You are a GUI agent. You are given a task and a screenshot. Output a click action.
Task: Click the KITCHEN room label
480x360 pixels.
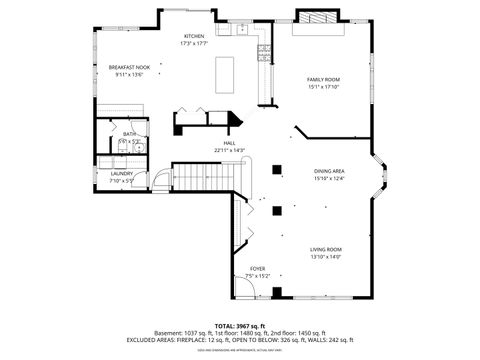click(193, 36)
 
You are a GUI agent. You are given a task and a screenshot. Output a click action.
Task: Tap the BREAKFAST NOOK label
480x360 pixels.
click(130, 67)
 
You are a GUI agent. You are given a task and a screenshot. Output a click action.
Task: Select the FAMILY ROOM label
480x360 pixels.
click(323, 79)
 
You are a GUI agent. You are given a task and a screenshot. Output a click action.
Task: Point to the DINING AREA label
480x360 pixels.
click(329, 172)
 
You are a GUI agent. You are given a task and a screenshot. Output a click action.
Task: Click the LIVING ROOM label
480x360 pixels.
click(325, 249)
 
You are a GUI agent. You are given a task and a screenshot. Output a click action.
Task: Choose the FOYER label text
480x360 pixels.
click(257, 268)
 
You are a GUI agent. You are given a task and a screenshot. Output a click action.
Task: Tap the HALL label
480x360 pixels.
click(229, 143)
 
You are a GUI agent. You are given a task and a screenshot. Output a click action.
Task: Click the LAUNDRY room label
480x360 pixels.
click(121, 173)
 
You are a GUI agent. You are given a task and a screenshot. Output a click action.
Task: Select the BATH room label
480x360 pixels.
click(129, 134)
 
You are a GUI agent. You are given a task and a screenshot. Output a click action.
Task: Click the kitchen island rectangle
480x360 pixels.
click(224, 74)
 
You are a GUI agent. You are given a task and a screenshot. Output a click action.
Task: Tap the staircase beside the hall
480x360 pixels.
click(203, 177)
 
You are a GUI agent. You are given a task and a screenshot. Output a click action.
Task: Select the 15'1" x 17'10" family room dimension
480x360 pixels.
click(323, 87)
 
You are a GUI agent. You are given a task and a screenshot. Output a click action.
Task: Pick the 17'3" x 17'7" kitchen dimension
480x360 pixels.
click(193, 43)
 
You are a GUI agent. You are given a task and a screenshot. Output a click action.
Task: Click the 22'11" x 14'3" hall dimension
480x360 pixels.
click(229, 150)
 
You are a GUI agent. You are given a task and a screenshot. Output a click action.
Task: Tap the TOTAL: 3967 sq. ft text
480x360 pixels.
click(239, 325)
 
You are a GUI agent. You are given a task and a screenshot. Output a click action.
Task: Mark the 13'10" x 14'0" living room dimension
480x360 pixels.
click(325, 257)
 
